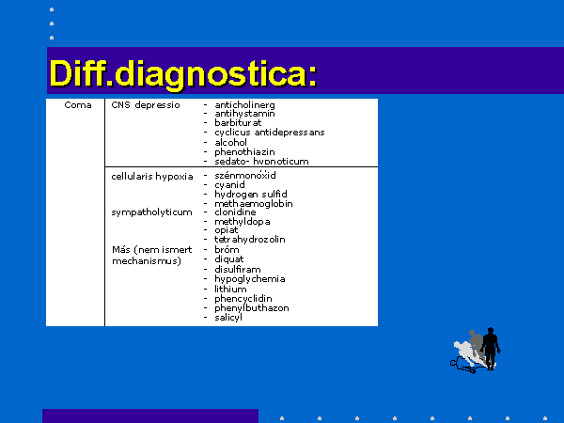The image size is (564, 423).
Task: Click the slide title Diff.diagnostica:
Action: coord(183,74)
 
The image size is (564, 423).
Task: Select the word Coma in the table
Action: coord(78,105)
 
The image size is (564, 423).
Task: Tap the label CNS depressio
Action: coord(146,105)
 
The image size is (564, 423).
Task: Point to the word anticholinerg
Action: coord(244,105)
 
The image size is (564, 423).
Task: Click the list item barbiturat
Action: coord(238,122)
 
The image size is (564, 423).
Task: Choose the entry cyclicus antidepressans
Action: coord(270,133)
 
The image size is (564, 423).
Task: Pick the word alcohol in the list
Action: coord(230,143)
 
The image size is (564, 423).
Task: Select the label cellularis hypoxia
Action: coord(152,177)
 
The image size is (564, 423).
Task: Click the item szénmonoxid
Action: coord(245,175)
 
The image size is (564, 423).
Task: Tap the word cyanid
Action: coord(229,185)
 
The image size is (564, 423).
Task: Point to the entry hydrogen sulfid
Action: coord(251,195)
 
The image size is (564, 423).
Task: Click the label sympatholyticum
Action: coord(151,212)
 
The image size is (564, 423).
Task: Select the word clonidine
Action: coord(235,212)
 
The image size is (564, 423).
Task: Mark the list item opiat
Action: coord(227,230)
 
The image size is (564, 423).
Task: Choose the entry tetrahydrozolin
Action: coord(250,239)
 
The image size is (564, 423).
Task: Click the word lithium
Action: coord(230,290)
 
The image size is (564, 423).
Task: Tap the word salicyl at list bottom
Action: coord(228,318)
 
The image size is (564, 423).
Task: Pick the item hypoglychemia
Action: coord(250,279)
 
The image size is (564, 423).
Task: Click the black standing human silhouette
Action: coord(491,348)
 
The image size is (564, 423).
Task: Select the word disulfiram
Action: coord(238,270)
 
